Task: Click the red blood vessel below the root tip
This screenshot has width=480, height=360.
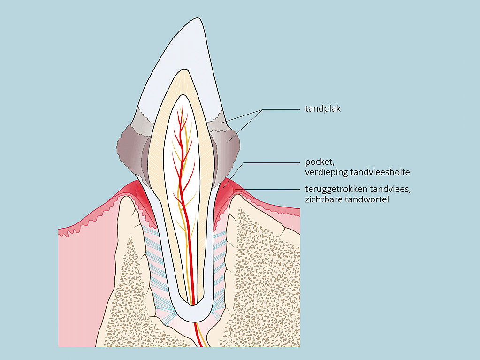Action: pyautogui.click(x=199, y=336)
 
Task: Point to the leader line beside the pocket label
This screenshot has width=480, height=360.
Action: pyautogui.click(x=272, y=162)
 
